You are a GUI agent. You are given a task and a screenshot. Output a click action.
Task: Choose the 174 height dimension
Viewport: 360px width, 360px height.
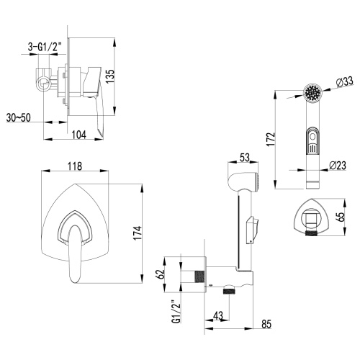pyautogui.click(x=146, y=232)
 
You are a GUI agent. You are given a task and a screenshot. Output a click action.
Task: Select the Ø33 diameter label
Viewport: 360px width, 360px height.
pyautogui.click(x=344, y=83)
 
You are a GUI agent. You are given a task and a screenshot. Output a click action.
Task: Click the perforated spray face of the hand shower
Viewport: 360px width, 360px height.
pyautogui.click(x=312, y=94)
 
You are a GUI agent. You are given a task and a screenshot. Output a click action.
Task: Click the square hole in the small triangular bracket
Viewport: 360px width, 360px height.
pyautogui.click(x=311, y=217)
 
